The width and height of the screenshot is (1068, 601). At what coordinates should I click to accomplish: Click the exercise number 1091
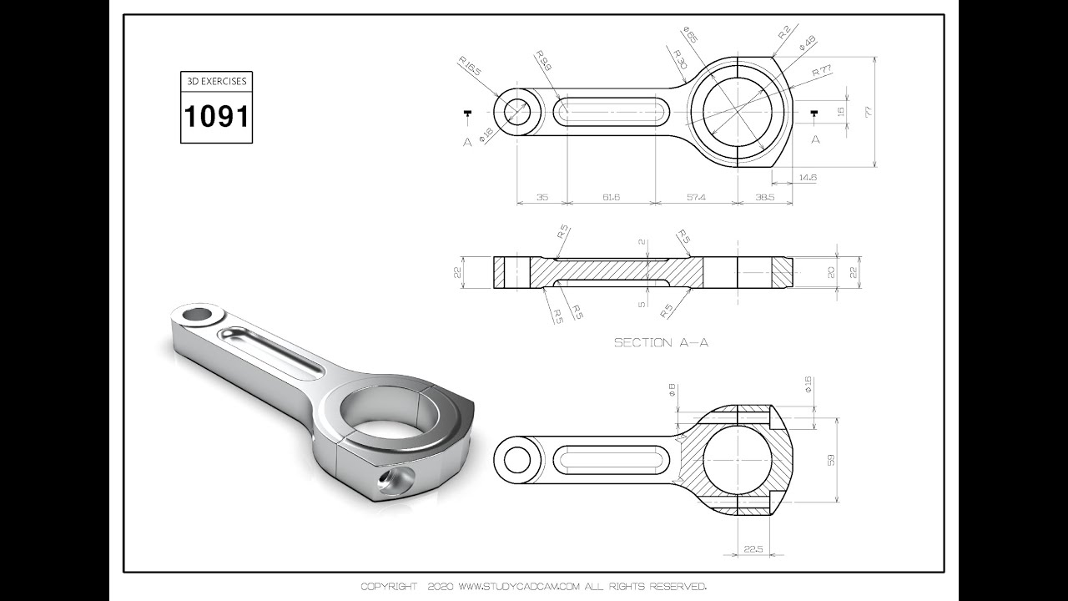pyautogui.click(x=216, y=116)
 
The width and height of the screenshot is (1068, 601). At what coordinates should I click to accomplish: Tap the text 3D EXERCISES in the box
pyautogui.click(x=216, y=83)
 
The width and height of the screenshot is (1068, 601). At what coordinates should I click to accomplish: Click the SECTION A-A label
pyautogui.click(x=661, y=342)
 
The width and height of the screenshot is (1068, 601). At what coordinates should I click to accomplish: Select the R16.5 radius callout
pyautogui.click(x=470, y=66)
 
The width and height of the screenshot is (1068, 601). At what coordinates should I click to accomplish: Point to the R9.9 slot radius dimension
pyautogui.click(x=542, y=61)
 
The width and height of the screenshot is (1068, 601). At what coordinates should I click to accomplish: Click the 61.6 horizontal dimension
pyautogui.click(x=611, y=197)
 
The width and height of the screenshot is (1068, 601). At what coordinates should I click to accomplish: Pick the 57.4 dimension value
pyautogui.click(x=697, y=197)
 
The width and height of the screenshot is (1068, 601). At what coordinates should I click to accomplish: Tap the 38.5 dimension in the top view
pyautogui.click(x=765, y=197)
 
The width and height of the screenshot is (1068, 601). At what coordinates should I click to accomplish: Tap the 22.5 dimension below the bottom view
pyautogui.click(x=753, y=548)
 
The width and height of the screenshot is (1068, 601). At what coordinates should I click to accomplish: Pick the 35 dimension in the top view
pyautogui.click(x=542, y=197)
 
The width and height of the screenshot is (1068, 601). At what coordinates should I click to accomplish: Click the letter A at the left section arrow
pyautogui.click(x=467, y=142)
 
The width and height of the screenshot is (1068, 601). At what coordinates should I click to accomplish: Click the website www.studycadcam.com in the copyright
pyautogui.click(x=518, y=586)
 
